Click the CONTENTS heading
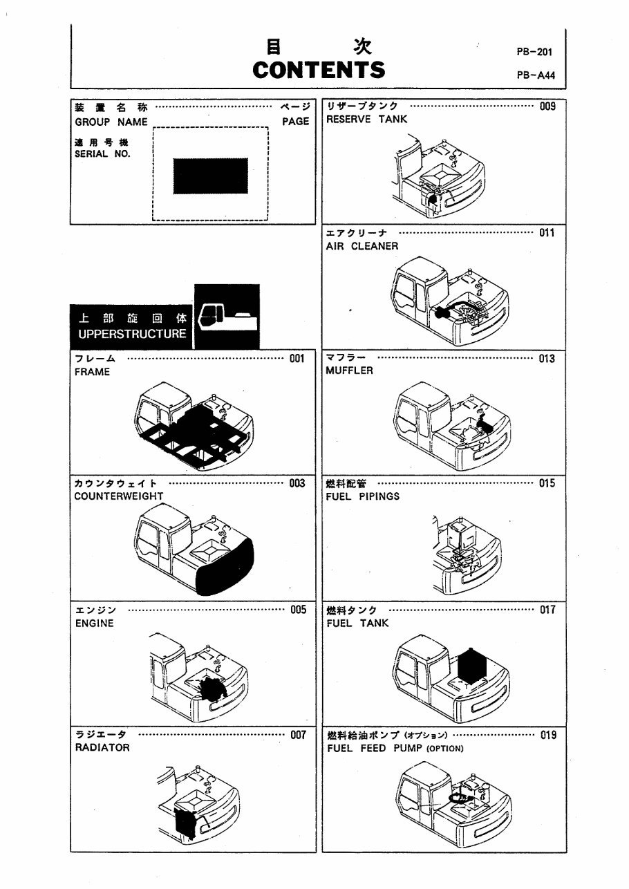pyautogui.click(x=319, y=70)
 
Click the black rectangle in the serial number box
pyautogui.click(x=210, y=176)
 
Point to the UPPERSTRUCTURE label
pyautogui.click(x=132, y=334)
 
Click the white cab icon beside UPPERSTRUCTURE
pyautogui.click(x=227, y=317)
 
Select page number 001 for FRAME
pyautogui.click(x=297, y=359)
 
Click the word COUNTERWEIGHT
pyautogui.click(x=119, y=496)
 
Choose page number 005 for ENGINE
pyautogui.click(x=298, y=610)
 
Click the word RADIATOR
pyautogui.click(x=102, y=747)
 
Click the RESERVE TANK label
pyautogui.click(x=366, y=119)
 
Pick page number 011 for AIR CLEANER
pyautogui.click(x=547, y=233)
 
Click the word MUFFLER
pyautogui.click(x=349, y=371)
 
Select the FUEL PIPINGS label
pyautogui.click(x=362, y=496)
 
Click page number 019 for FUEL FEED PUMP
pyautogui.click(x=547, y=735)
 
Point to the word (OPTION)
pyautogui.click(x=444, y=749)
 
